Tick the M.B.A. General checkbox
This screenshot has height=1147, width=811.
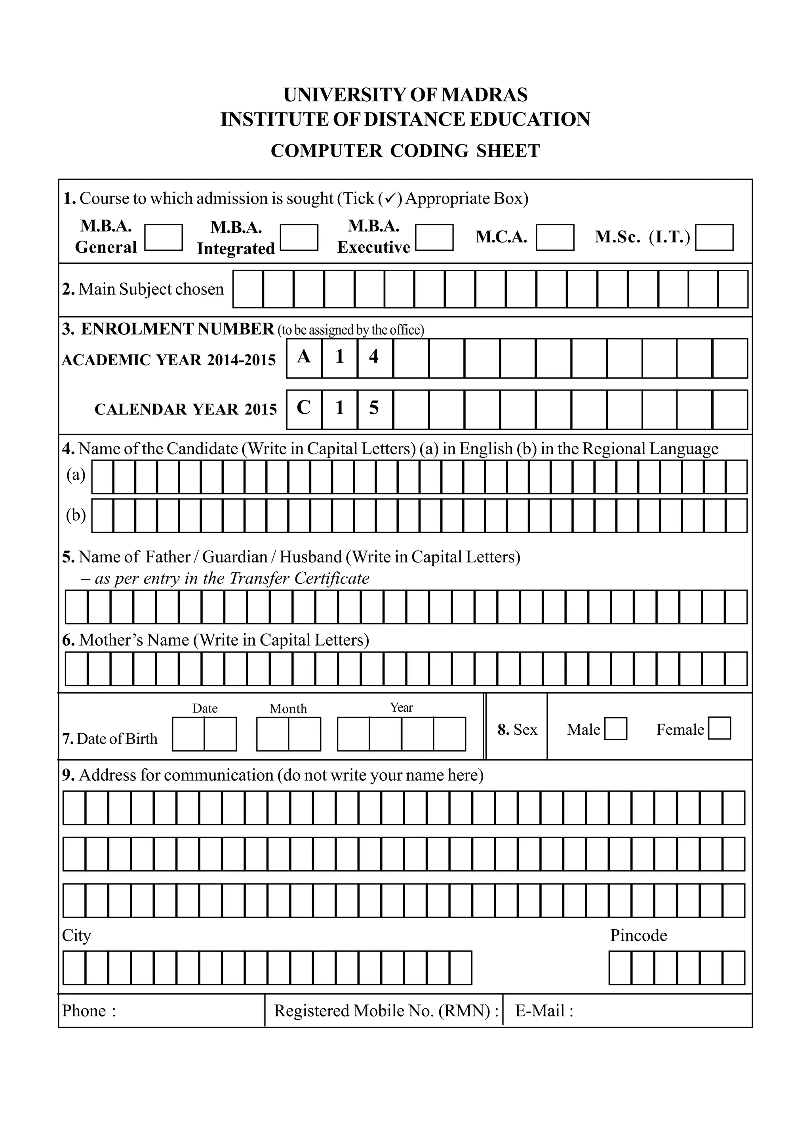coord(163,237)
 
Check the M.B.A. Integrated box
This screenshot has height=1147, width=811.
coord(299,237)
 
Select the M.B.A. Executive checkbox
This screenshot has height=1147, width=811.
coord(434,237)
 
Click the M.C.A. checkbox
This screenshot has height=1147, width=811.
coord(555,237)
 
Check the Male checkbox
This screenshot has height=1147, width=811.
coord(615,728)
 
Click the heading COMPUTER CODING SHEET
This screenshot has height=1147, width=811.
coord(405,151)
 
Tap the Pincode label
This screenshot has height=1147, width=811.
coord(638,935)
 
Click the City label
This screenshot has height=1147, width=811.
coord(76,935)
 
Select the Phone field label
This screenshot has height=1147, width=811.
coord(84,1011)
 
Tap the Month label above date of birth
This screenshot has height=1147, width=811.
coord(288,709)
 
